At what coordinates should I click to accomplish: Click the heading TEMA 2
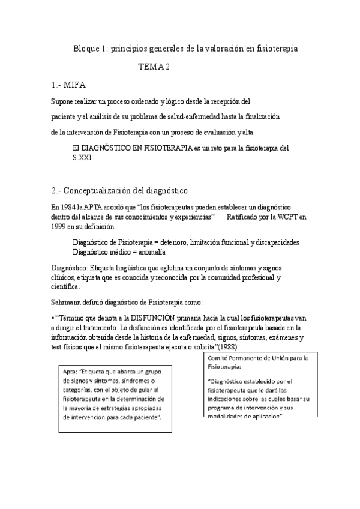point(155,67)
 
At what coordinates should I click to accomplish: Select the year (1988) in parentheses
point(224,346)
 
